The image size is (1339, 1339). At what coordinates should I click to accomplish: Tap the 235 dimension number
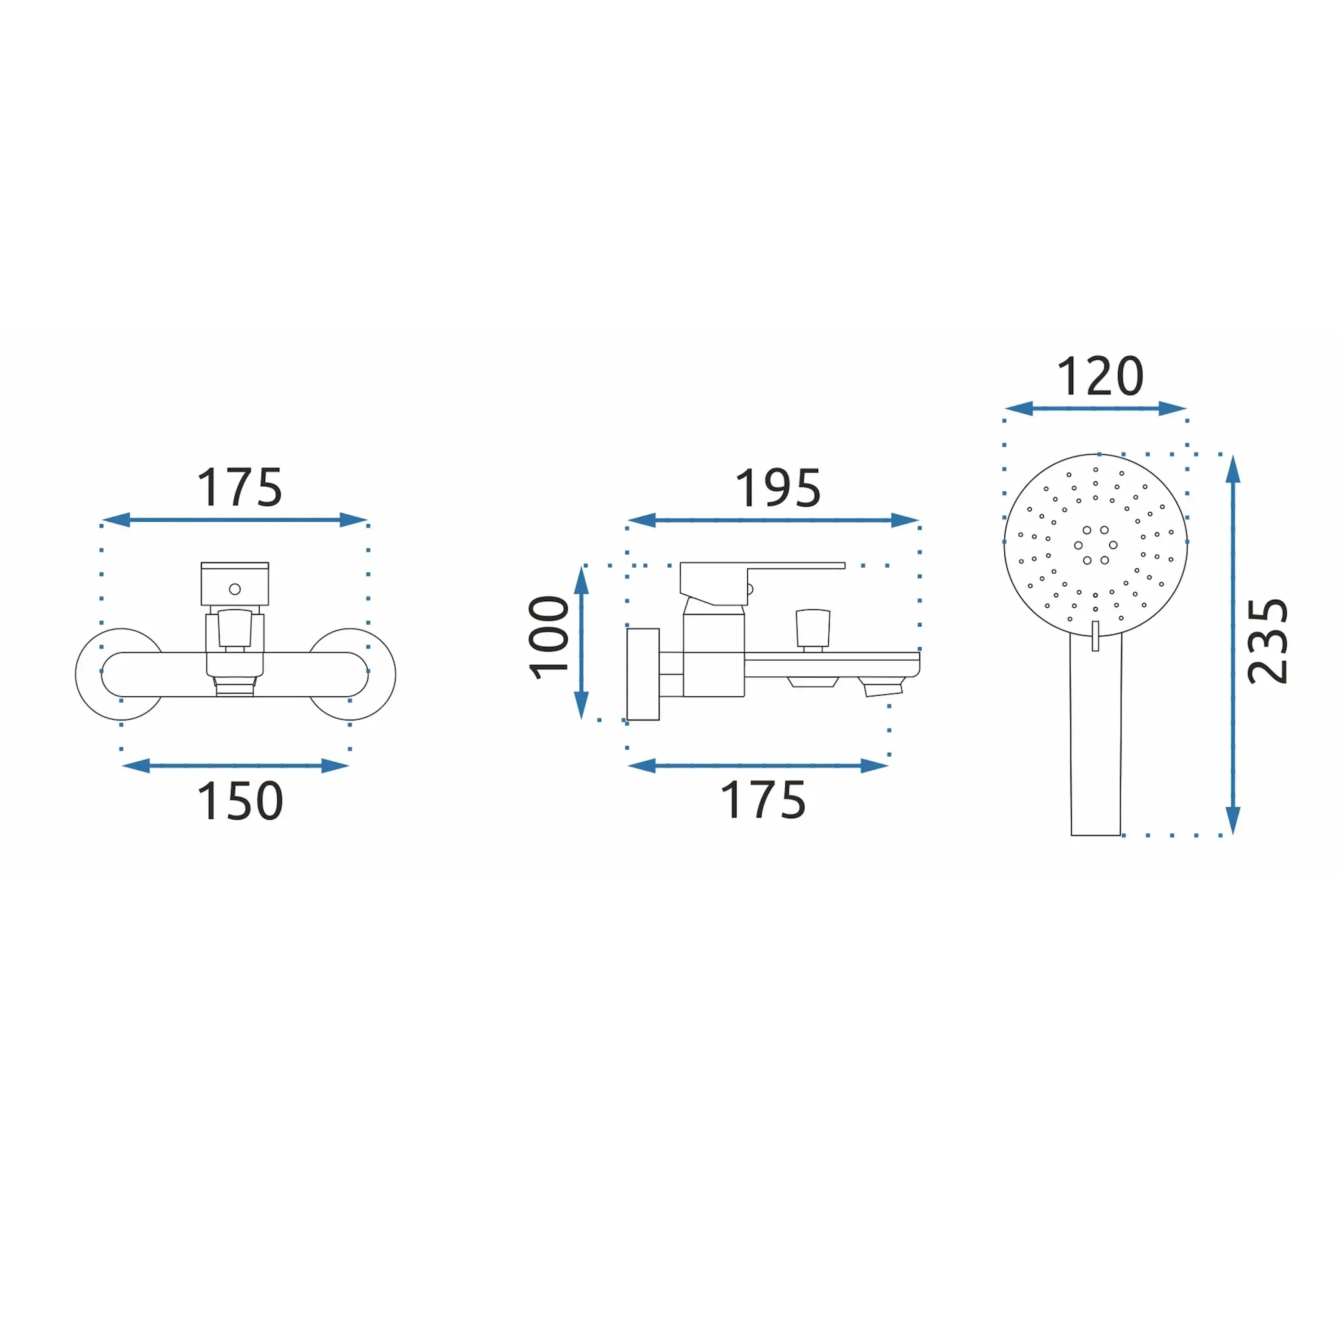coord(1267,641)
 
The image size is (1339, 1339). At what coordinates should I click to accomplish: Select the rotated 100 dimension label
coord(549,637)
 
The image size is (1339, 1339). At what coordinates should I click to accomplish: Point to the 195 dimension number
coord(777,489)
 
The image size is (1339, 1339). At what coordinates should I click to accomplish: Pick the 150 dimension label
coord(240,801)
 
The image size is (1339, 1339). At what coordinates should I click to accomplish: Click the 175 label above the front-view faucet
coord(240,488)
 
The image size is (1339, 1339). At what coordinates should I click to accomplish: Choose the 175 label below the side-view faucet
coord(763,801)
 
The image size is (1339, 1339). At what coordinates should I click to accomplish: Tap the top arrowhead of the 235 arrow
coord(1233,470)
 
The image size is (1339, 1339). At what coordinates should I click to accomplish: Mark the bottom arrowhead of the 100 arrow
coord(582,706)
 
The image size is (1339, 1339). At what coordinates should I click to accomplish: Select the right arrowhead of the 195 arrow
coord(904,520)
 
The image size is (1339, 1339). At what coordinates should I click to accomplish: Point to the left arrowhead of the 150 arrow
coord(136,766)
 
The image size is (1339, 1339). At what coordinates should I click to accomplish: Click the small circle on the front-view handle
coord(235,589)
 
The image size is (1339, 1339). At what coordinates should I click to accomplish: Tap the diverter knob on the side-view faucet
coord(813,627)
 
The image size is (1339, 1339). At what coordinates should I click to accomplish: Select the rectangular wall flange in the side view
coord(643,674)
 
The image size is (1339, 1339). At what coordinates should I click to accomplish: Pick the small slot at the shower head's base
coord(1096,636)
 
